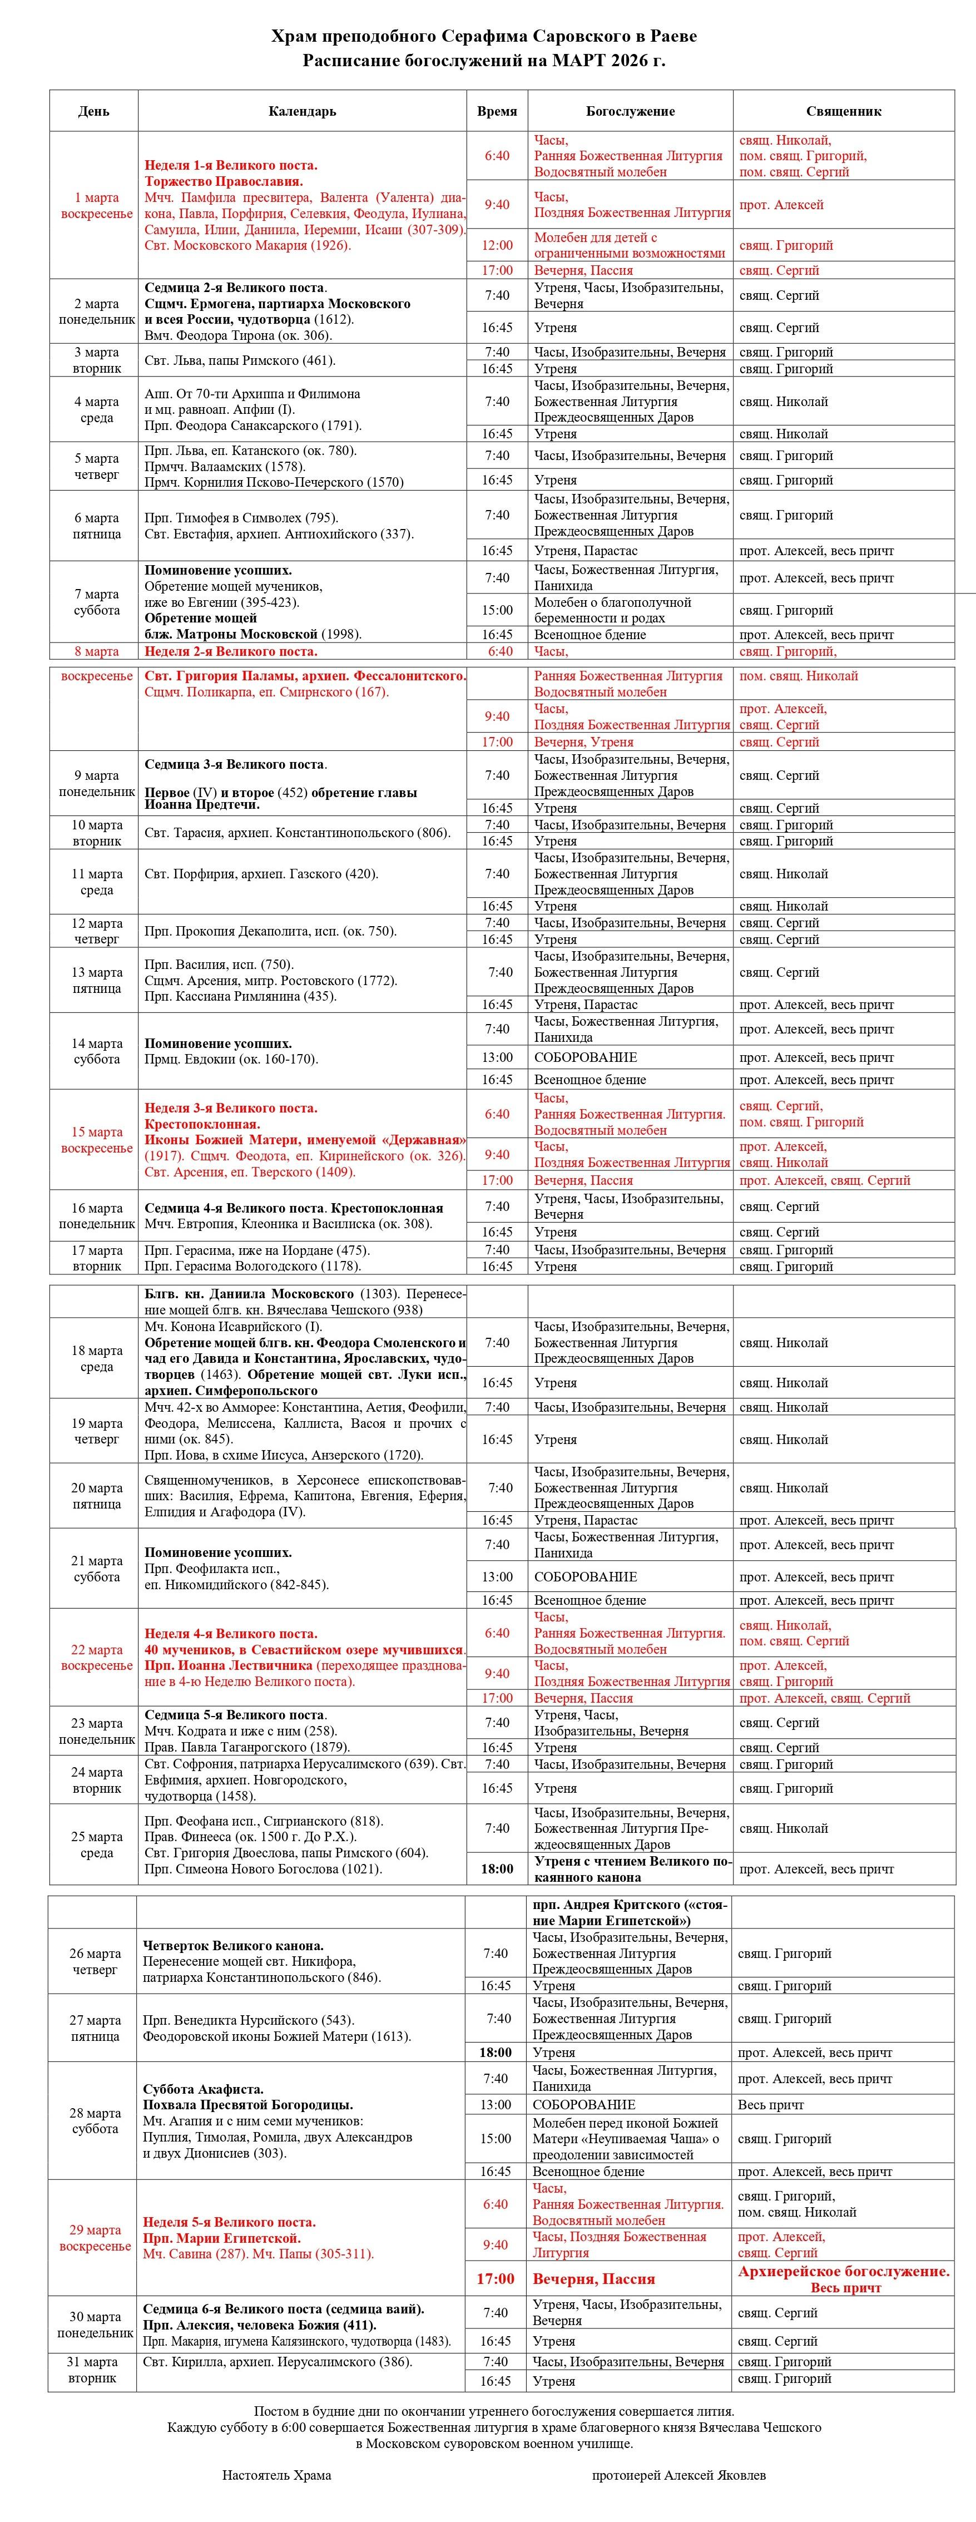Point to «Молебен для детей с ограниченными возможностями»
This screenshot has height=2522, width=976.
[630, 245]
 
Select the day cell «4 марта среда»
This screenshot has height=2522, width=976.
[96, 409]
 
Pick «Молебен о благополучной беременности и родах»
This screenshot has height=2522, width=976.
[613, 610]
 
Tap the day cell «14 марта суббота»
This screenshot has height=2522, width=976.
[96, 1051]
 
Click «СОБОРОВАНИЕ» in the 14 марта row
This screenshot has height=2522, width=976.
[586, 1057]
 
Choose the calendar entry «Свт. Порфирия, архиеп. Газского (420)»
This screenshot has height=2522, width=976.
[261, 873]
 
